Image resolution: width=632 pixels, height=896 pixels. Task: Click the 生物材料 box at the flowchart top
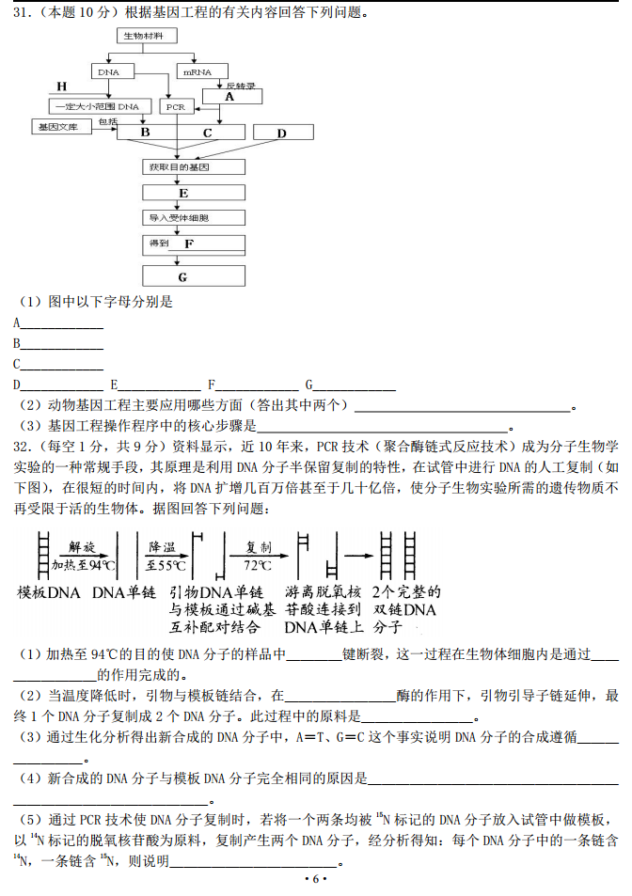(x=147, y=36)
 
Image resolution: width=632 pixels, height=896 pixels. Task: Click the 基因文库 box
(x=57, y=126)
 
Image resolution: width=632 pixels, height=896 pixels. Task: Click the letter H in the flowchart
(x=62, y=86)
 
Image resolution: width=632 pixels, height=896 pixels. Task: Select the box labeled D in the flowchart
(x=281, y=134)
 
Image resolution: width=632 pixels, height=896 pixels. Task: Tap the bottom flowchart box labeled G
(x=193, y=276)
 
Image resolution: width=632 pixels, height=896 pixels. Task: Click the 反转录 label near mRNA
(x=241, y=86)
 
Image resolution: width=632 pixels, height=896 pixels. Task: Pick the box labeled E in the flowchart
(x=193, y=194)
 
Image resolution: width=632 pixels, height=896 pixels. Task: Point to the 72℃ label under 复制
(x=257, y=566)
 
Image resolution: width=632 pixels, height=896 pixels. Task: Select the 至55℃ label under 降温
(x=166, y=566)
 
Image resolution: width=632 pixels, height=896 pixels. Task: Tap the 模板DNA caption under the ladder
(x=49, y=593)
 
